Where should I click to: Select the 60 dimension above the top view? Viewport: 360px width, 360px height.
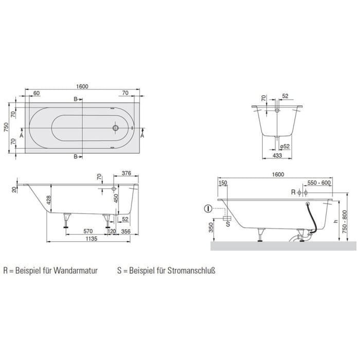(36, 93)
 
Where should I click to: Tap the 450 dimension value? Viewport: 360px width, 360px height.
(117, 199)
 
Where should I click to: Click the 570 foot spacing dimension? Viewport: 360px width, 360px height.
(87, 231)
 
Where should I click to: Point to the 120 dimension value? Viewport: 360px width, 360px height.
(112, 231)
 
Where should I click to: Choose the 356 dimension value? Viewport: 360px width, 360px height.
(125, 231)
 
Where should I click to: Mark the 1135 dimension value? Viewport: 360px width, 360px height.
(91, 239)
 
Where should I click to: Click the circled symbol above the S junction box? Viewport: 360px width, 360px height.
(208, 208)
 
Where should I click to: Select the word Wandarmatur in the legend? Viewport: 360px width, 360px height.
(77, 269)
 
